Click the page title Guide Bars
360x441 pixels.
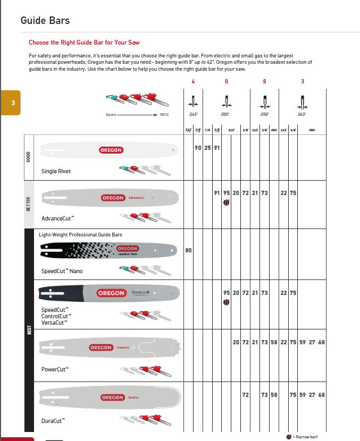45,21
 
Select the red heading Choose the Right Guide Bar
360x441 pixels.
84,43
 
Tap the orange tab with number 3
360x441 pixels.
10,103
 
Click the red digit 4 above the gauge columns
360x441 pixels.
193,81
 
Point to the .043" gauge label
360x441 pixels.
193,114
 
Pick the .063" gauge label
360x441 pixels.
303,114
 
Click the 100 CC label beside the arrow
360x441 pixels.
164,114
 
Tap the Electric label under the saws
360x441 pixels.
111,114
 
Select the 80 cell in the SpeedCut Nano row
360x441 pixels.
188,250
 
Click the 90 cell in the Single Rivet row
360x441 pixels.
198,148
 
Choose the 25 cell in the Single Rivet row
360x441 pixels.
207,148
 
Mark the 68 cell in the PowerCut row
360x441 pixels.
321,342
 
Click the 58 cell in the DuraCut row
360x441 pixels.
274,395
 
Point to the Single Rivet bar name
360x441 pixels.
56,172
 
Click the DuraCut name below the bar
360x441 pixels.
53,421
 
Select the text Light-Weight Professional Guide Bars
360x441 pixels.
80,234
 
